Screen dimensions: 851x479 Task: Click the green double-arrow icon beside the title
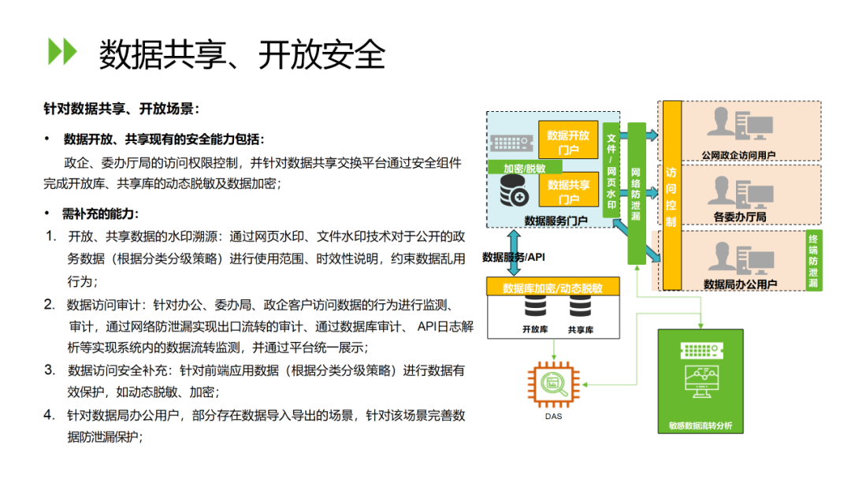pos(62,51)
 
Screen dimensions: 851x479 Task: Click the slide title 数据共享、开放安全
pos(242,54)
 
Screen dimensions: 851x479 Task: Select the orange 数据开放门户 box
pos(568,140)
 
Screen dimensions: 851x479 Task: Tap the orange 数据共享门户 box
pos(568,191)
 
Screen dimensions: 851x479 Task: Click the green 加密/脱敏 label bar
pos(524,168)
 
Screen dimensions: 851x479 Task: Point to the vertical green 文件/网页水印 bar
pos(611,172)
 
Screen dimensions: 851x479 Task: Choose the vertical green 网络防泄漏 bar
pos(636,193)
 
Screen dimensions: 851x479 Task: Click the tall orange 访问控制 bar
pos(672,195)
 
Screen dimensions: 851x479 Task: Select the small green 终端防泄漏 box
pos(813,261)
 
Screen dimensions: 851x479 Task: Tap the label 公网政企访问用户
pos(738,155)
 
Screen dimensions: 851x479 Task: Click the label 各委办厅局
pos(740,217)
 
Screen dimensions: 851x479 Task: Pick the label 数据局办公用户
pos(740,284)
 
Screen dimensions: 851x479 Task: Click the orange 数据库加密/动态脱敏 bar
pos(553,287)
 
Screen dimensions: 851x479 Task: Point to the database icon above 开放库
pos(535,307)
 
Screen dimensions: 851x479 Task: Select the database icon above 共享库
pos(580,307)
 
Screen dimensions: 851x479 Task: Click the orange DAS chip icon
pos(554,384)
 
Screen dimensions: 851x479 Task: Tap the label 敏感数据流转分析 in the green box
pos(700,425)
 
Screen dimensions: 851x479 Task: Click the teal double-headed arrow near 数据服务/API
pos(514,253)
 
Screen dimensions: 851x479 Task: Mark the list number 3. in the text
pos(50,370)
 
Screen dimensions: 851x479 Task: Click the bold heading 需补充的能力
pos(100,214)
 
